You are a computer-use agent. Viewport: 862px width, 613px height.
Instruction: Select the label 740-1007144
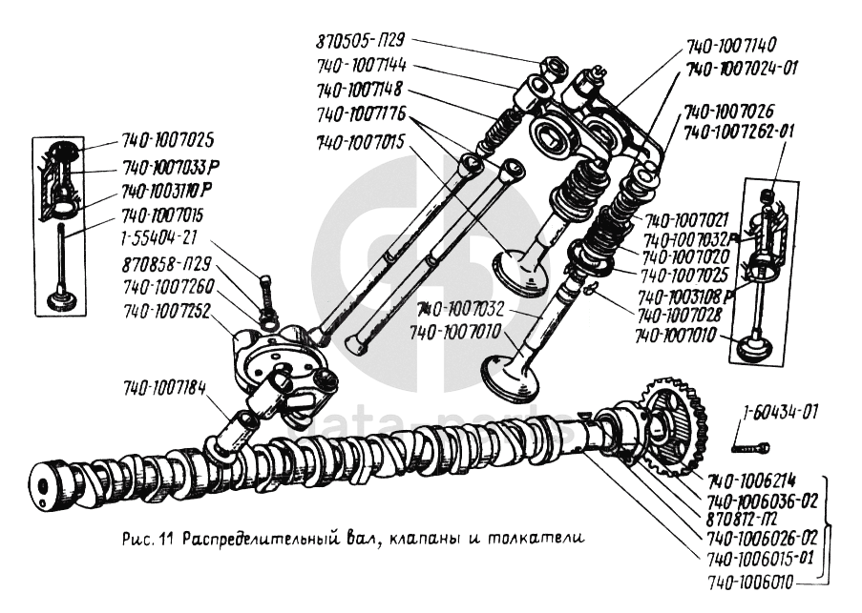pyautogui.click(x=362, y=66)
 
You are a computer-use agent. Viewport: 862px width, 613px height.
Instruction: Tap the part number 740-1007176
pyautogui.click(x=361, y=114)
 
